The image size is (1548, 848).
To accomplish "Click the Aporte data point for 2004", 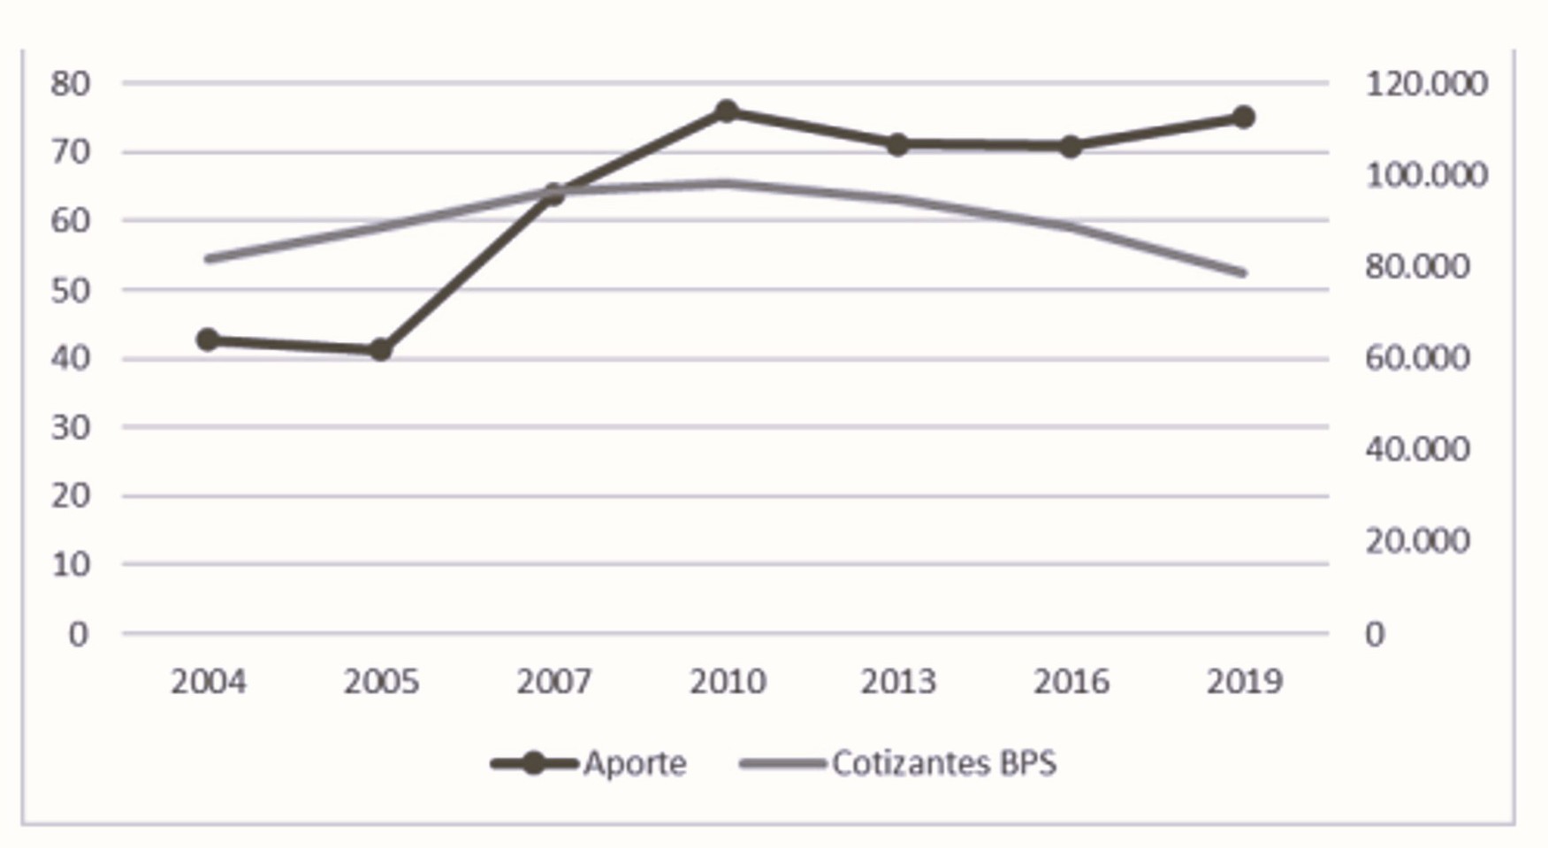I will click(208, 340).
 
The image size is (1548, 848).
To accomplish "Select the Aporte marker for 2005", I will click(380, 349).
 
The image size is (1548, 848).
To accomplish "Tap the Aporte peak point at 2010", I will click(727, 111).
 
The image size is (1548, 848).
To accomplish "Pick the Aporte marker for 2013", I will click(897, 145).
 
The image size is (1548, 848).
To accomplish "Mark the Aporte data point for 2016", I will click(1071, 147).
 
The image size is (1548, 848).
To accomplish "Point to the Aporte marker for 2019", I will click(1243, 117).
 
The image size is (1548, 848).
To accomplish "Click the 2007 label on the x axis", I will click(553, 682).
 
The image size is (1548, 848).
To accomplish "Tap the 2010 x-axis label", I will click(727, 682).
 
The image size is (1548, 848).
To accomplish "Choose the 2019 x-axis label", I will click(1244, 682).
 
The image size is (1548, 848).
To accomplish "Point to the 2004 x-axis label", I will click(208, 682).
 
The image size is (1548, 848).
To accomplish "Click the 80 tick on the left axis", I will click(71, 84).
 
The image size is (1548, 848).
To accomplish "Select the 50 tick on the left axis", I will click(71, 290).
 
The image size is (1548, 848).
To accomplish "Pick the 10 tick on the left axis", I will click(71, 564).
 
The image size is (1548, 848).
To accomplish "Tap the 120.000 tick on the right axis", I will click(1426, 84).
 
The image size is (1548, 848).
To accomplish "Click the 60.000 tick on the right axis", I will click(1417, 358).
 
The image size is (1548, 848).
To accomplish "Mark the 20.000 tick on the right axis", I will click(1417, 540).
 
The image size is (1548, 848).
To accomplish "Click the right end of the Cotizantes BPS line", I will click(1244, 273).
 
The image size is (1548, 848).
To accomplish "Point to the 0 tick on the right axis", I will click(1375, 634).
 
